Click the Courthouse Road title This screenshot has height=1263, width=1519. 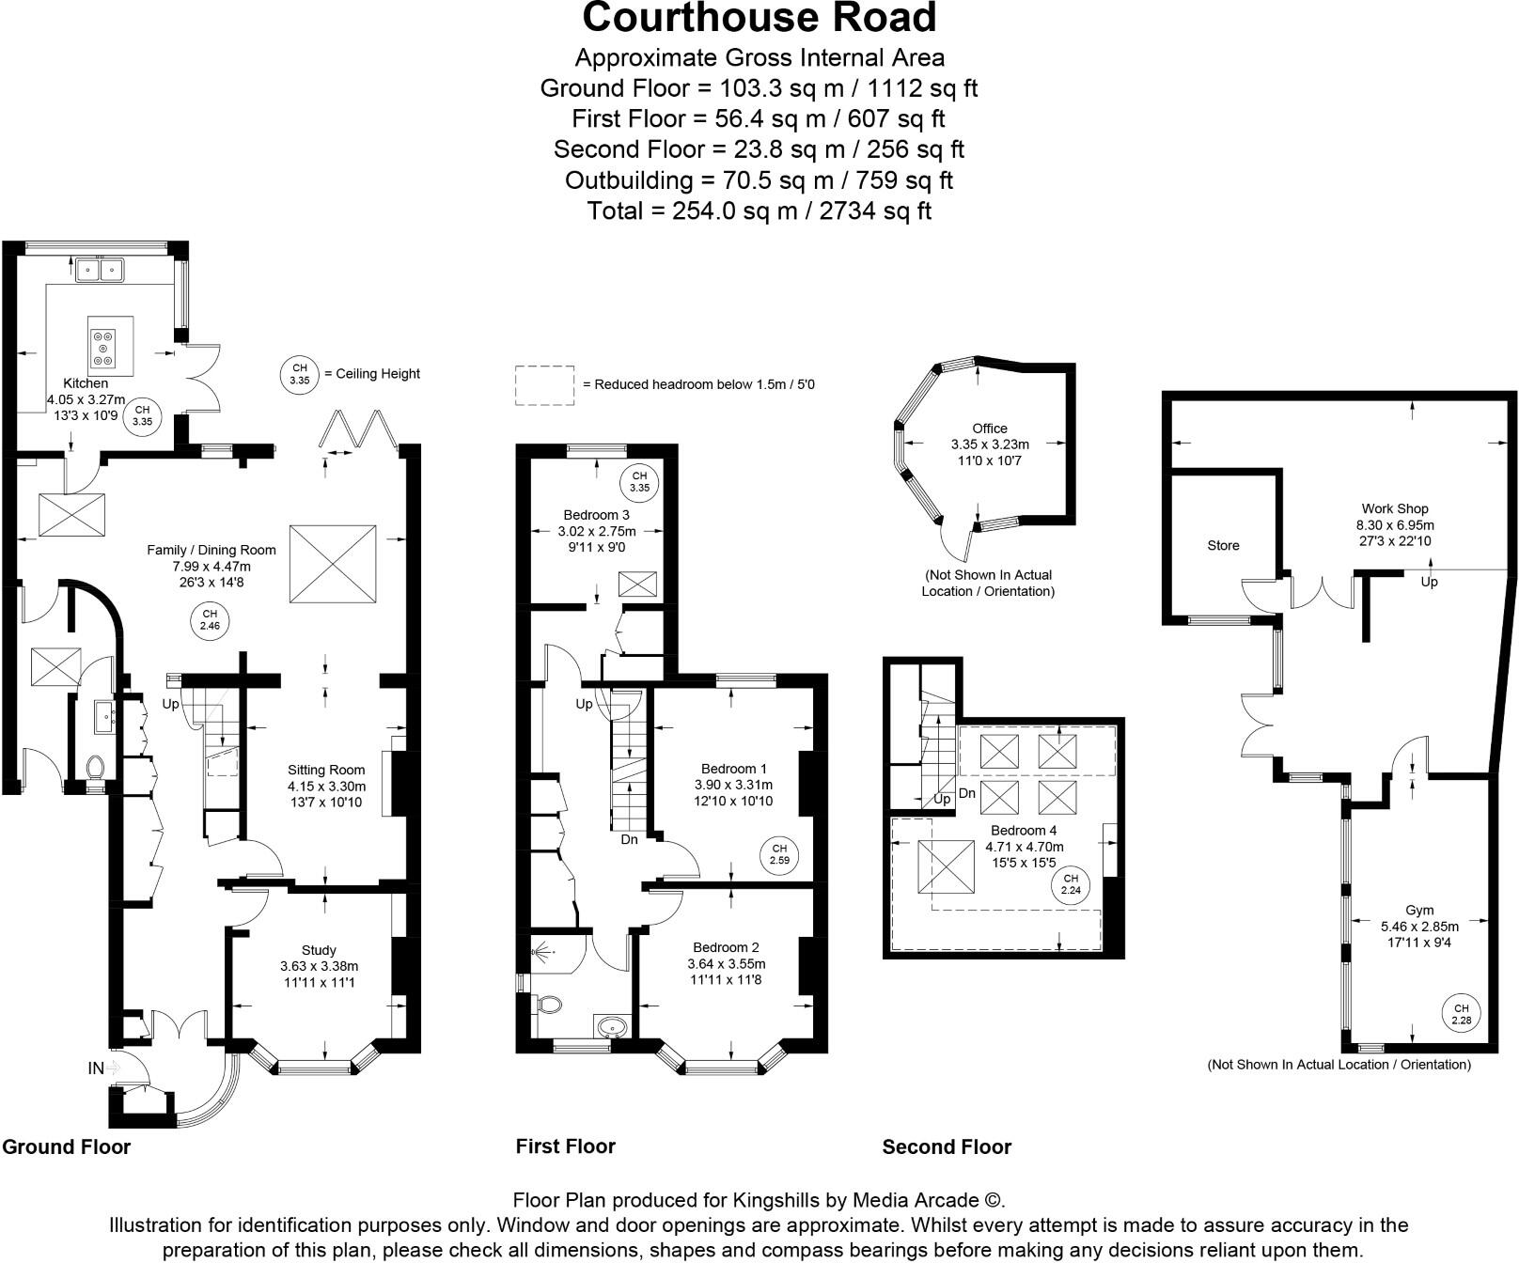tap(759, 18)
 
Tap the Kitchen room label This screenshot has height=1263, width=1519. tap(86, 383)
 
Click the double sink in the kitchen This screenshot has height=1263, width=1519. tap(101, 270)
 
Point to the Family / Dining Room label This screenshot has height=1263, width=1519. tap(211, 550)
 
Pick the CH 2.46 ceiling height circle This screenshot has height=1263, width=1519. tap(210, 619)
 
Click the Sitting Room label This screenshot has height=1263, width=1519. tap(326, 770)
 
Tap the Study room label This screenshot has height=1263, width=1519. tap(319, 950)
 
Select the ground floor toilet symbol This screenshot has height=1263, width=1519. tap(95, 767)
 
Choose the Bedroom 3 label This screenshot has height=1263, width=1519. tap(596, 515)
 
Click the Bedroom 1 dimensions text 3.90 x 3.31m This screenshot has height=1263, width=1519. tap(733, 785)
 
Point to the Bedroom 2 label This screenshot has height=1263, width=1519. tap(726, 947)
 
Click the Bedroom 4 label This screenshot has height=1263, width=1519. tap(1024, 831)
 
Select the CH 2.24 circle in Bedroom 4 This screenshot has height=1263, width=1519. tap(1071, 884)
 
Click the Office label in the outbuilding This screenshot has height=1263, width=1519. tap(990, 429)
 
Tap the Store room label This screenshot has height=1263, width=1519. tap(1223, 545)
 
